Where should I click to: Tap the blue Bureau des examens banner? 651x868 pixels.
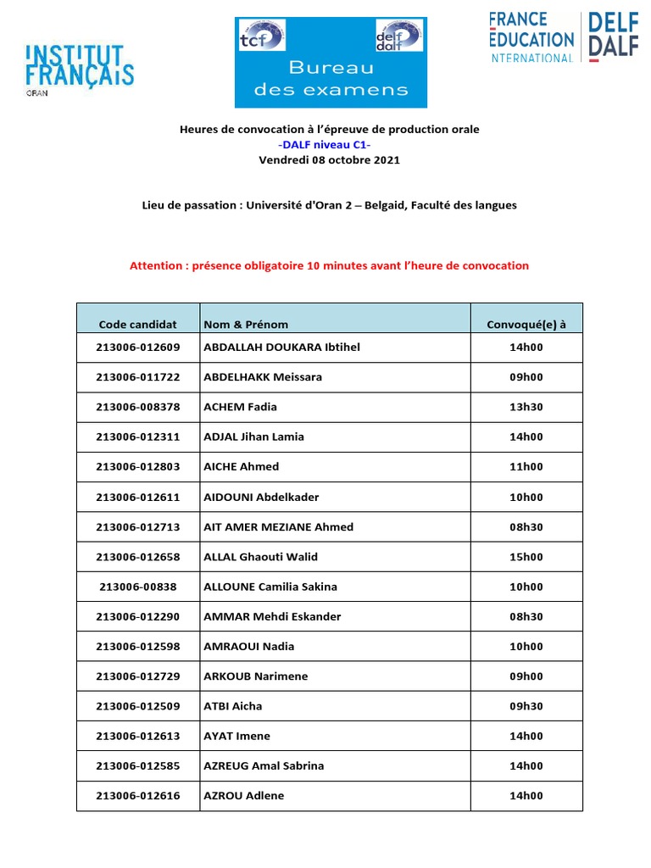pos(331,63)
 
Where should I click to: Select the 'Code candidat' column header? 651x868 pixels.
pos(138,324)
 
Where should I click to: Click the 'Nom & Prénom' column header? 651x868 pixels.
pos(246,324)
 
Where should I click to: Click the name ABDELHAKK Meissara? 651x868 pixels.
pos(263,377)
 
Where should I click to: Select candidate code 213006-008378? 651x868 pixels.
pos(138,407)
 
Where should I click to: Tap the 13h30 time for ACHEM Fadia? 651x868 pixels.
pos(526,407)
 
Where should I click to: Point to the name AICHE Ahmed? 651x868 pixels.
pos(242,467)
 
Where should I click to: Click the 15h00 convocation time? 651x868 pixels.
pos(526,557)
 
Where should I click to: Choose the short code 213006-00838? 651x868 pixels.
pos(138,587)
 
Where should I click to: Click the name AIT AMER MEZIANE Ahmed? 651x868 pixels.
pos(279,527)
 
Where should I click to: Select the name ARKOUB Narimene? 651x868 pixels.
pos(256,676)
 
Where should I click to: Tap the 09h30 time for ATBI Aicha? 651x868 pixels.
pos(526,706)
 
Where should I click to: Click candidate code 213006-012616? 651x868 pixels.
pos(138,796)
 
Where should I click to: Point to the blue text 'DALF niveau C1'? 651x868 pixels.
pos(329,145)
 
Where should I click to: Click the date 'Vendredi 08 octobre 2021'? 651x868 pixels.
pos(329,160)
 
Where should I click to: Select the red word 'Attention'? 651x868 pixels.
pos(155,265)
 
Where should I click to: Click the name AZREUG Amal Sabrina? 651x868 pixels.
pos(264,766)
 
